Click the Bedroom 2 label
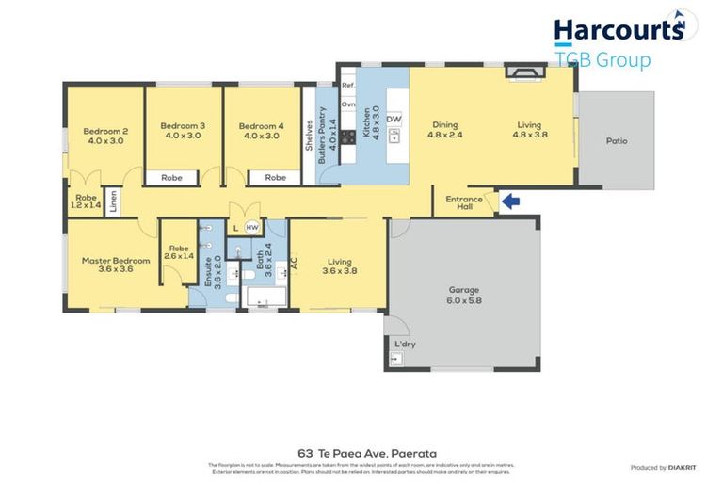click(x=105, y=135)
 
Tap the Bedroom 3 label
click(x=182, y=130)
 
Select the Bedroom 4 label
click(x=259, y=130)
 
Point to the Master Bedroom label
click(x=116, y=265)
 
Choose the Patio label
click(x=617, y=141)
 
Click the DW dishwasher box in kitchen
click(x=394, y=120)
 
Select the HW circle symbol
click(x=251, y=228)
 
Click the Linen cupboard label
click(x=113, y=202)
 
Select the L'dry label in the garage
click(x=405, y=345)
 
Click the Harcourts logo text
click(x=618, y=30)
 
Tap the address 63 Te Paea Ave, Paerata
click(x=361, y=452)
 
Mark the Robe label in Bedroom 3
click(x=171, y=177)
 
